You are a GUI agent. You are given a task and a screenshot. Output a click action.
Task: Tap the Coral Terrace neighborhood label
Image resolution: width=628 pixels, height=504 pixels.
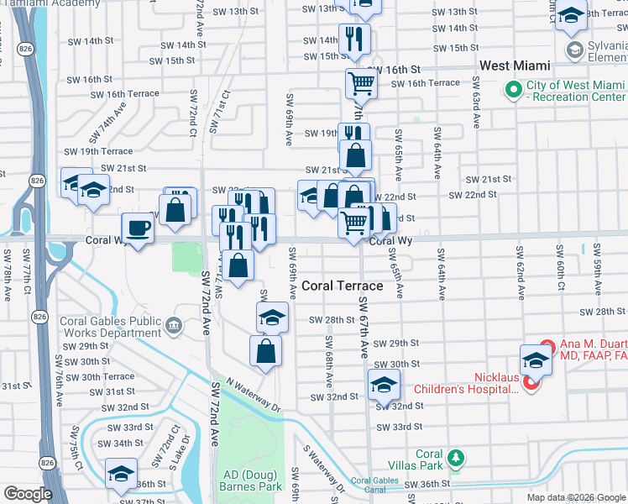click(342, 286)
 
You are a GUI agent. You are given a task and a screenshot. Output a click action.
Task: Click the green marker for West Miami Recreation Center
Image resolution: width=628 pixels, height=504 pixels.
click(513, 89)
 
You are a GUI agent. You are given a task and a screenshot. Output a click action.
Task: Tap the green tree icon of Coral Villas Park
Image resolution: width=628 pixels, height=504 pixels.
click(455, 458)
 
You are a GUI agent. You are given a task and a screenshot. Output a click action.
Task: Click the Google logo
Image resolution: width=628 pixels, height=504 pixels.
click(28, 494)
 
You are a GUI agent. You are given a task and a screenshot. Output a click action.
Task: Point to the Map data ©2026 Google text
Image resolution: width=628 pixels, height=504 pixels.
click(576, 497)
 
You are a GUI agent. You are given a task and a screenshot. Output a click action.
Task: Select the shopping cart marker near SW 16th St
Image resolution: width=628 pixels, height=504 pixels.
click(361, 84)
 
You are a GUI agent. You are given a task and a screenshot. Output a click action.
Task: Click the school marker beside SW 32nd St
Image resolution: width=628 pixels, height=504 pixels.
click(382, 386)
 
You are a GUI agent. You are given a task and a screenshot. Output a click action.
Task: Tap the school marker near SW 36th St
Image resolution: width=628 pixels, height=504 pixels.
click(121, 474)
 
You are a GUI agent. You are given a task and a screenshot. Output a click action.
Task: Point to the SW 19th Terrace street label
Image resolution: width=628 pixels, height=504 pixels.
click(99, 151)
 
